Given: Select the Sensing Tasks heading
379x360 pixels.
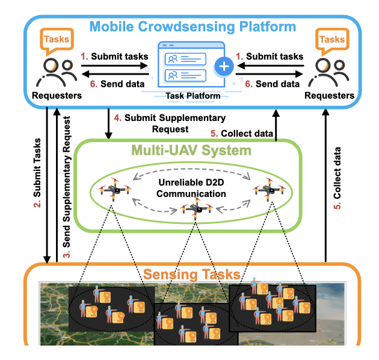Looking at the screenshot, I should click(191, 275).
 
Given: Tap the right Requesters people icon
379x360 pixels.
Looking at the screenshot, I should click(328, 72).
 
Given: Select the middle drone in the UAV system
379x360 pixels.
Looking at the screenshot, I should click(194, 209).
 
